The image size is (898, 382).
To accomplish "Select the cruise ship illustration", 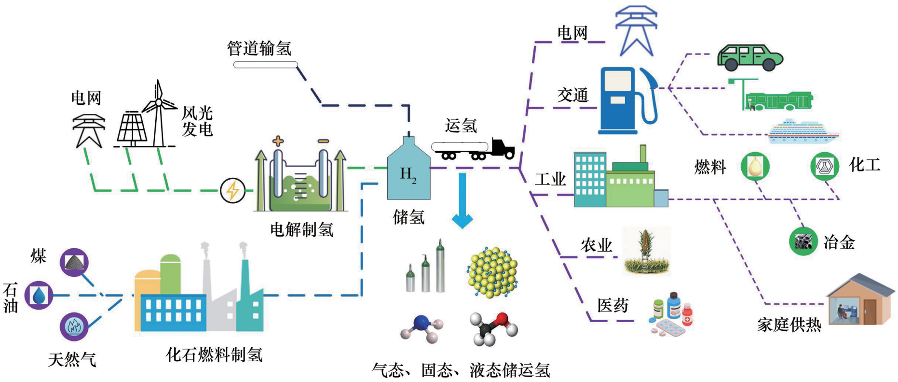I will click(803, 131).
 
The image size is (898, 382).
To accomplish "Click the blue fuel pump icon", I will click(626, 100).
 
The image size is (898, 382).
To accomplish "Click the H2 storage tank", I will click(408, 172).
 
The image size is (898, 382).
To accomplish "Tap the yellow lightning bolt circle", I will click(232, 190).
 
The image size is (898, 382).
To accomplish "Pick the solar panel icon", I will click(132, 129).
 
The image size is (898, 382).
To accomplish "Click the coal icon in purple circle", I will click(74, 262).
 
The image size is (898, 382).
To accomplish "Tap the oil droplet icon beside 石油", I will click(39, 295).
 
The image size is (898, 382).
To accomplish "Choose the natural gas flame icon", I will click(74, 326).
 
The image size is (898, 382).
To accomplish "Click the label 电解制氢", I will click(301, 229).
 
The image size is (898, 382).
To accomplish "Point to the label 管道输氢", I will click(259, 48).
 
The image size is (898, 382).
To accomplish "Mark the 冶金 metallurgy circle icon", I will click(803, 241).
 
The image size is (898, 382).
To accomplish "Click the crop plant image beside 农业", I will click(646, 252).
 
